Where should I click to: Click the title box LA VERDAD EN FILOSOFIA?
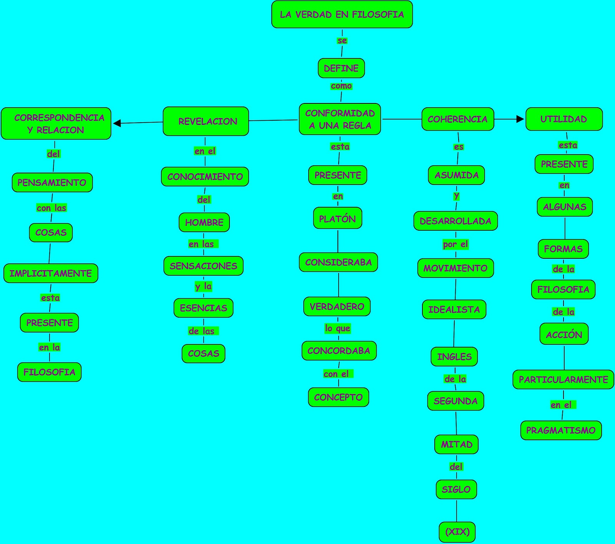tap(342, 15)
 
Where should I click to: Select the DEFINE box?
tap(341, 68)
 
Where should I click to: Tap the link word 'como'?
tap(341, 86)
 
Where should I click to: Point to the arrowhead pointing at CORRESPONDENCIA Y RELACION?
tap(117, 123)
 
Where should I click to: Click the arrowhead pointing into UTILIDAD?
tap(520, 119)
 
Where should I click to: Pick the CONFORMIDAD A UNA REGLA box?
tap(340, 119)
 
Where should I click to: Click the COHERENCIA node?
tap(457, 119)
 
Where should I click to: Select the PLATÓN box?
tap(337, 218)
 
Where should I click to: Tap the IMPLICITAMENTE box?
tap(51, 273)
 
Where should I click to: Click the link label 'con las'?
tap(52, 208)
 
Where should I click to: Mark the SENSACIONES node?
tap(203, 266)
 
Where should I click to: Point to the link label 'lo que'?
tap(337, 328)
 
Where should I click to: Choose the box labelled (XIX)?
tap(457, 532)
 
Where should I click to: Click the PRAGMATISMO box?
tap(561, 431)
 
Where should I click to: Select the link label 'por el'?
tap(455, 245)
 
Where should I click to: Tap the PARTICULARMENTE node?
tap(563, 380)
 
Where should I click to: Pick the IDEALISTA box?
tap(454, 309)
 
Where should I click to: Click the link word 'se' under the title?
tap(342, 41)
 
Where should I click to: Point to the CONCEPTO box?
tap(338, 398)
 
